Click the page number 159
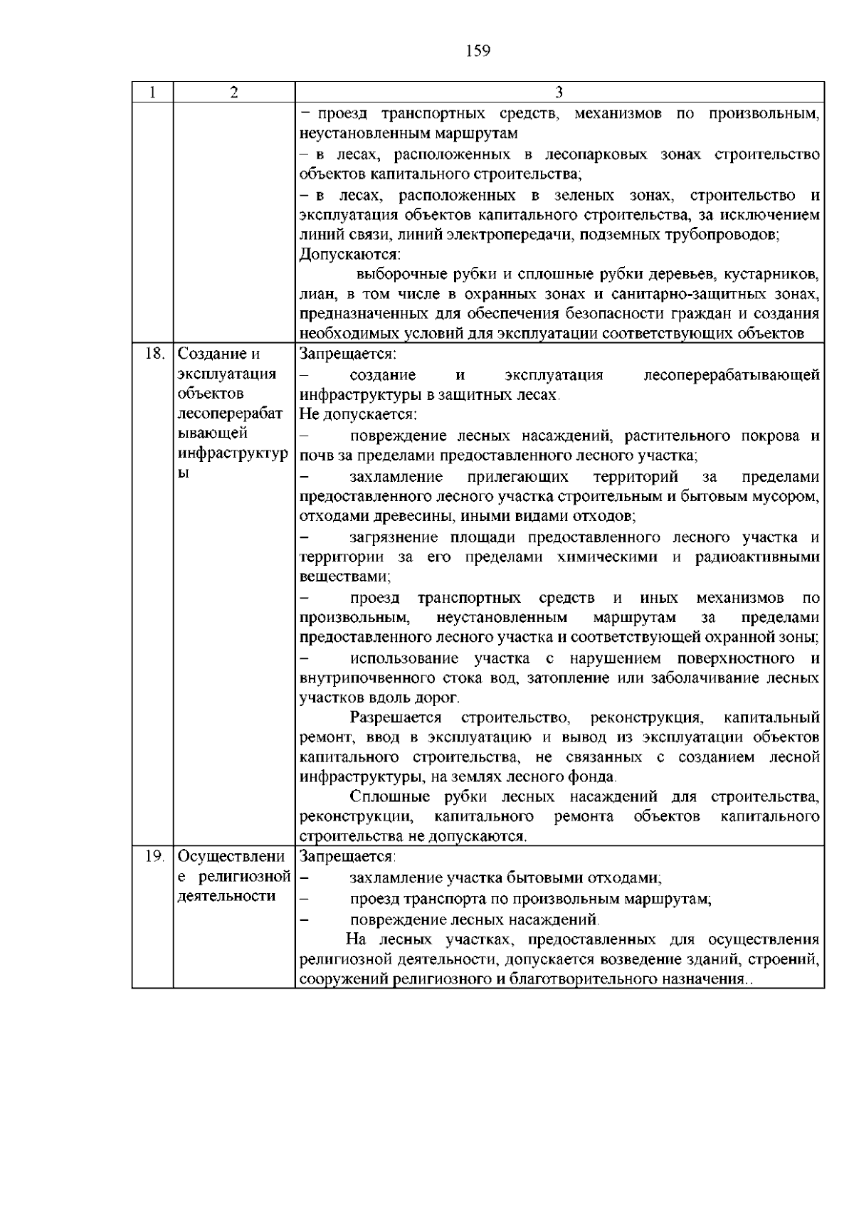click(478, 51)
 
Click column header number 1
click(152, 93)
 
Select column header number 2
click(234, 93)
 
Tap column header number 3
click(559, 93)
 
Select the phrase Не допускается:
click(358, 414)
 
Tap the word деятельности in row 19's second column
click(226, 896)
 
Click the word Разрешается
click(396, 717)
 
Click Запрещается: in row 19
click(348, 856)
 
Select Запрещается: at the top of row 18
click(348, 354)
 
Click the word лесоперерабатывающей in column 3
click(731, 375)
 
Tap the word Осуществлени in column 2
click(231, 856)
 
